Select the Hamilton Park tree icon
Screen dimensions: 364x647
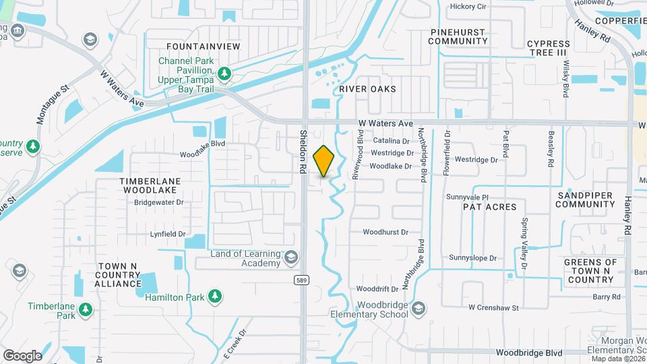click(214, 295)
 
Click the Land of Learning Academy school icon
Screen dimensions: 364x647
click(291, 257)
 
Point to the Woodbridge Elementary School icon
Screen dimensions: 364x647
click(418, 309)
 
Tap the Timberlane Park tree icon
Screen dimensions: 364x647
click(85, 309)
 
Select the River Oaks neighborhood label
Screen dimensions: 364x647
click(367, 89)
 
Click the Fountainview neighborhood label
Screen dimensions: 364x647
click(203, 46)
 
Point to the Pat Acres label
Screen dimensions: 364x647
click(489, 207)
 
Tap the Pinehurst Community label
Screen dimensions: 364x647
click(458, 36)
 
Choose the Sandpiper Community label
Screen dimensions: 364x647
click(587, 199)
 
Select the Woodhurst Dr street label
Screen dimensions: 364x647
click(386, 232)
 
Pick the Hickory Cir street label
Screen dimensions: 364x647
click(468, 7)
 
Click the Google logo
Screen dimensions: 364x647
click(22, 356)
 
